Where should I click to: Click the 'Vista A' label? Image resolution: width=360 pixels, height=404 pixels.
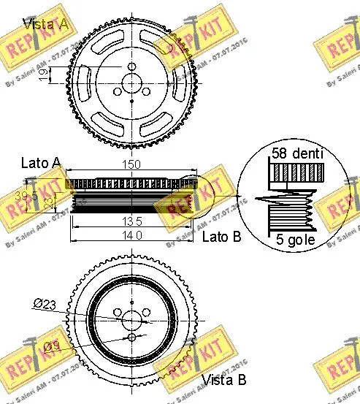tap(46, 23)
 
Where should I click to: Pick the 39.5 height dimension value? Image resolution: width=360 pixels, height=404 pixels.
tap(26, 196)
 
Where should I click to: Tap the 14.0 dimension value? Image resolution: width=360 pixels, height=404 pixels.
tap(133, 235)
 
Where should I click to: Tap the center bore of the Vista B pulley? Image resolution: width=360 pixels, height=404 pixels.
tap(132, 319)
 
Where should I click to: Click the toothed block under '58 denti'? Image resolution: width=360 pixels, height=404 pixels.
tap(296, 174)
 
